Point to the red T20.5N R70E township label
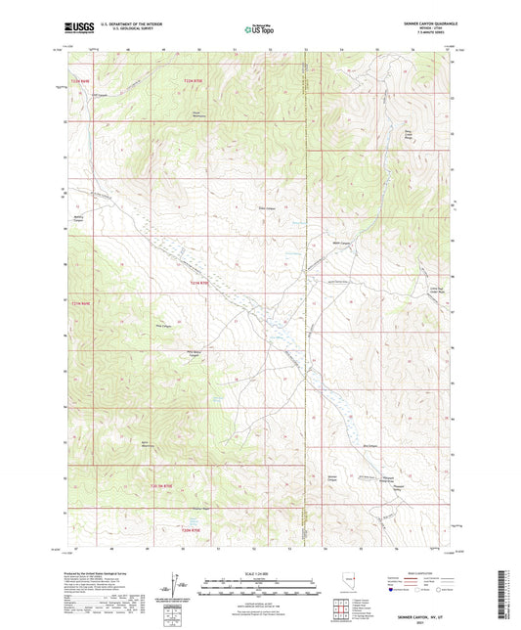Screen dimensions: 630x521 [161, 485]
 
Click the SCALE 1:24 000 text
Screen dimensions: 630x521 [260, 572]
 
